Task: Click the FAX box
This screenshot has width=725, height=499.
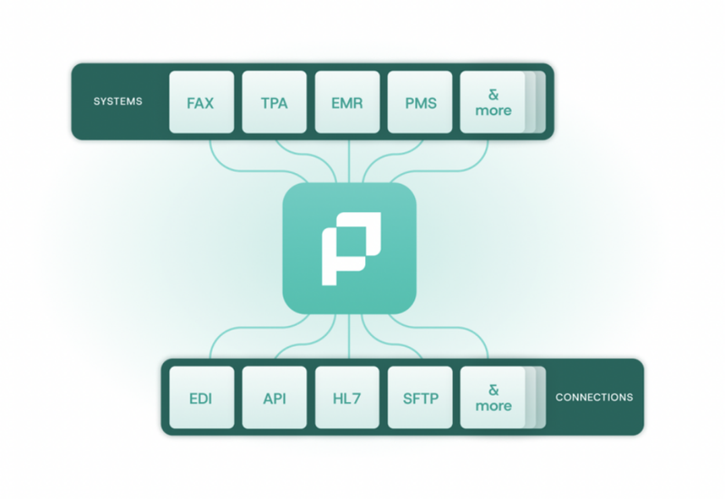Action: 200,102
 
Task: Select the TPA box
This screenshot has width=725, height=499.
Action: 273,102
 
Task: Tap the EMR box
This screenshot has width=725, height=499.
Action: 347,102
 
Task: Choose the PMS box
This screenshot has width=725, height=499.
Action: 420,102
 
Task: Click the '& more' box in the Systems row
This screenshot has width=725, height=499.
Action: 493,102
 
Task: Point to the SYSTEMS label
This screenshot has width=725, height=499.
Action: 118,101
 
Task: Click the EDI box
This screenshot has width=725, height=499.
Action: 200,398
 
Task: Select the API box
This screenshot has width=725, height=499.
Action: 274,398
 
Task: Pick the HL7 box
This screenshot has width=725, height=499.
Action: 347,398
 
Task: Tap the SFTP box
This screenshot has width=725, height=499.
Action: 420,398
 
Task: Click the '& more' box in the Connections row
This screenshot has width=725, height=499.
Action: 493,398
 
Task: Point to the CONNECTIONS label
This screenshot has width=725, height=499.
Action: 594,398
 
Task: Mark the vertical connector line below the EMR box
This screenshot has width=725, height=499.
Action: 349,158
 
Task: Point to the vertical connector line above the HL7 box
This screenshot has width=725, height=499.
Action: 349,340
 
